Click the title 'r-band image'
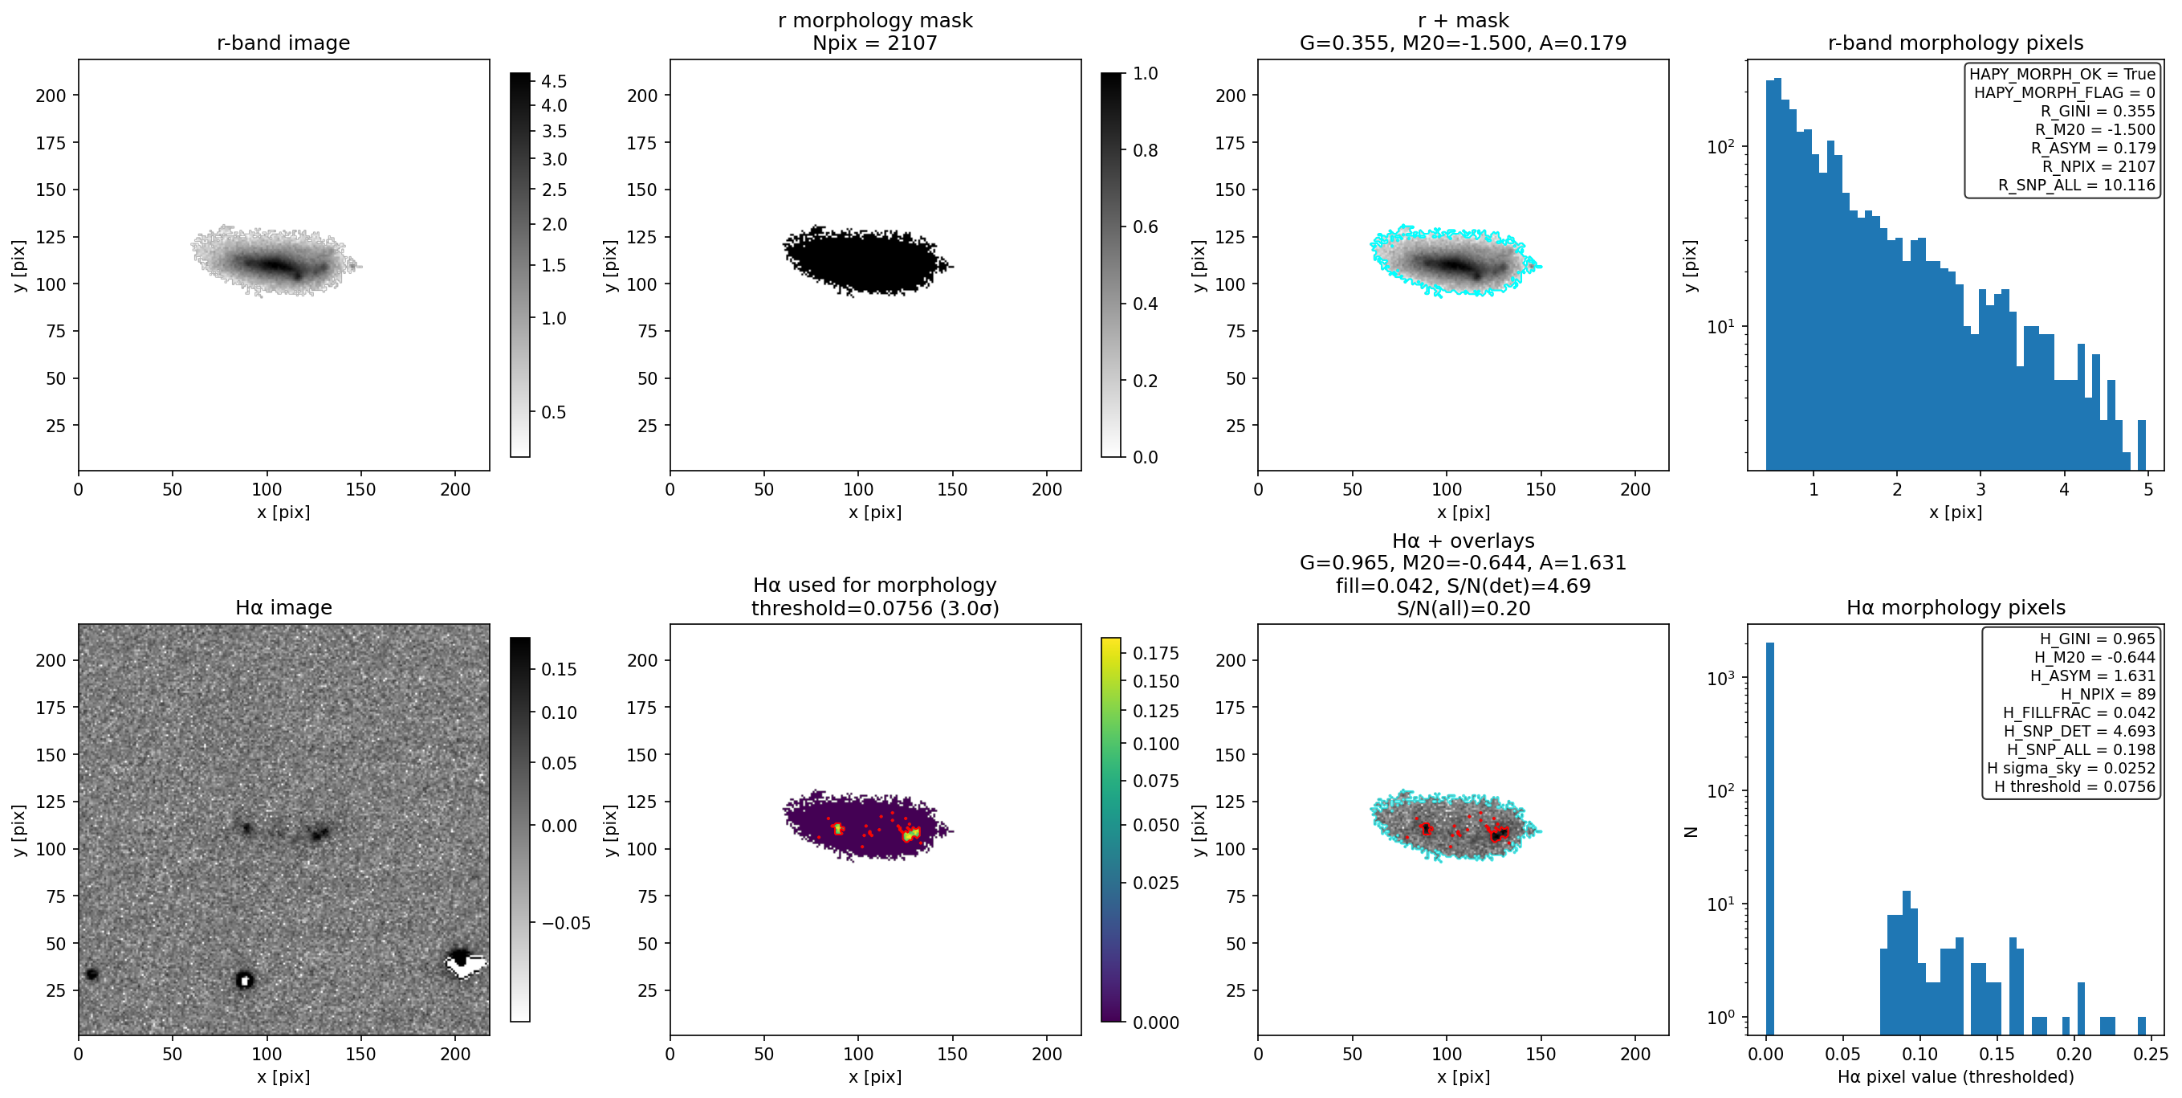click(283, 43)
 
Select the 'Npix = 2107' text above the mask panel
click(875, 43)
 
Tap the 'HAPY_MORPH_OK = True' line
click(2062, 74)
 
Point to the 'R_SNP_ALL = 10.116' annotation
click(2076, 185)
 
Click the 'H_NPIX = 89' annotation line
click(2107, 694)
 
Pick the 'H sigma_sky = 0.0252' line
click(2071, 768)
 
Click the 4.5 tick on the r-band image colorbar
click(554, 81)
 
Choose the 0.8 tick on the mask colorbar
click(1146, 150)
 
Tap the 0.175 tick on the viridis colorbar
click(1155, 652)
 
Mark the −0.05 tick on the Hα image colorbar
click(566, 923)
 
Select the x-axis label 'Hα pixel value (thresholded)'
click(1955, 1076)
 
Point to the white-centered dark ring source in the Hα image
click(244, 979)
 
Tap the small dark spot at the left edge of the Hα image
click(92, 974)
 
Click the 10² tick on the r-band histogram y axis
click(1720, 145)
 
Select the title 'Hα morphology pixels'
click(1955, 607)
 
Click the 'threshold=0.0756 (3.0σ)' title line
click(875, 607)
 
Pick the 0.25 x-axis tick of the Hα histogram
click(2151, 1053)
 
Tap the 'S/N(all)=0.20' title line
click(1463, 607)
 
